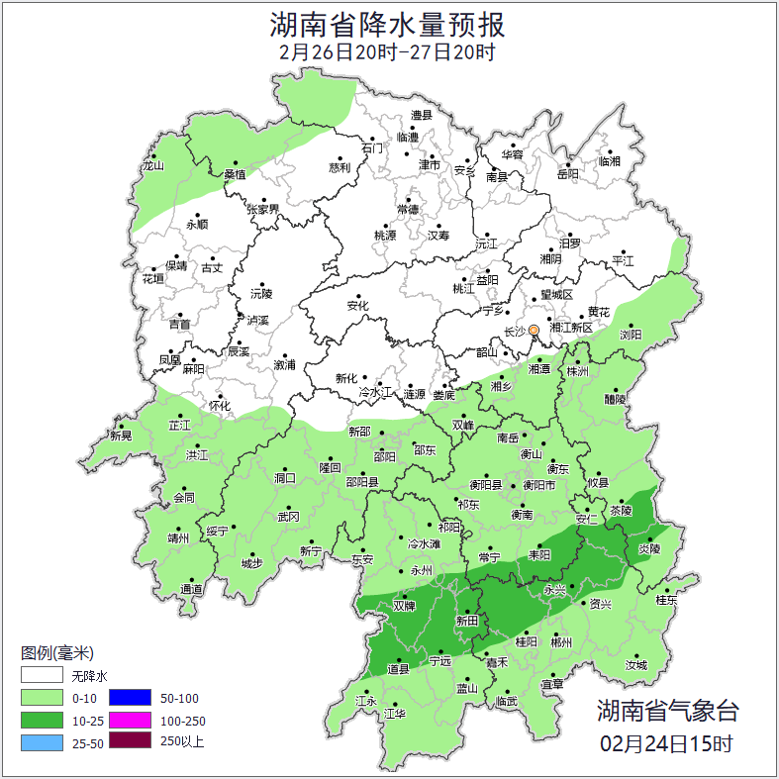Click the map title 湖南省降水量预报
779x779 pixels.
388,23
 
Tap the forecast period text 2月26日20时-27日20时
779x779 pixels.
388,51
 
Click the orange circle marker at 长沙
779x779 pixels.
534,330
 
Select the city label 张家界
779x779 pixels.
263,210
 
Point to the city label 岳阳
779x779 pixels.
567,175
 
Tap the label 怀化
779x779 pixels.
220,406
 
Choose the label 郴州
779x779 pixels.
562,642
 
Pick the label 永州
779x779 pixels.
422,571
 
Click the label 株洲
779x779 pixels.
577,371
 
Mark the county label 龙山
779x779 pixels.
152,166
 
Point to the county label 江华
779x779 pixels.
395,714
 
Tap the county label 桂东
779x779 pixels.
667,600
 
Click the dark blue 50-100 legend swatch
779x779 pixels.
130,699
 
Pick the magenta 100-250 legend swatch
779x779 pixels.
130,721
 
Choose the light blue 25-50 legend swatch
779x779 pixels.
42,742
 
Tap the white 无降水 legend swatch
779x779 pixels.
42,676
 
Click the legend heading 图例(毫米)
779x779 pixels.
56,653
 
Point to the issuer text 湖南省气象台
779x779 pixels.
667,711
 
